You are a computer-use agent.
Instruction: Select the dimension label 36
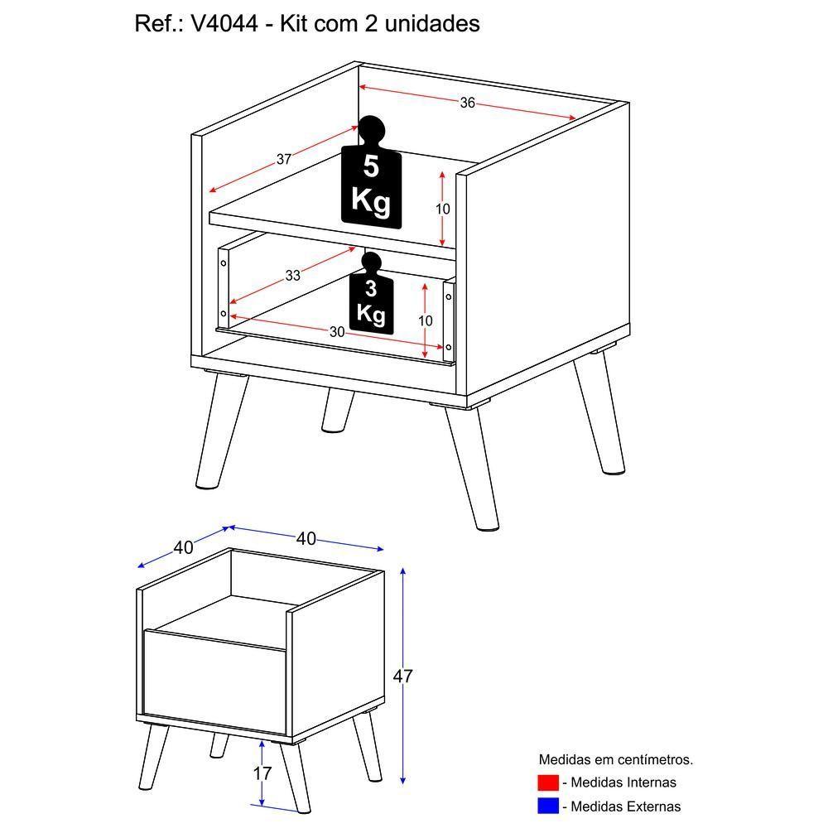click(x=468, y=103)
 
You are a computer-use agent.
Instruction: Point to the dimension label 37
click(x=284, y=160)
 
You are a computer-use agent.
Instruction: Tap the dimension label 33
click(x=293, y=276)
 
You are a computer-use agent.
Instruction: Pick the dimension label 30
click(x=337, y=332)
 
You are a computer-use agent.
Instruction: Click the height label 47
click(x=402, y=676)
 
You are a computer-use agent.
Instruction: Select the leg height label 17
click(x=262, y=774)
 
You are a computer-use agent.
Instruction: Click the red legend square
click(x=548, y=782)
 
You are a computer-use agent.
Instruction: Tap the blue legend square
click(x=548, y=806)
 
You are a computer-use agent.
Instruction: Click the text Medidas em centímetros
click(x=615, y=759)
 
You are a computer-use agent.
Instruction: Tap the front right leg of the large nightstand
click(x=473, y=467)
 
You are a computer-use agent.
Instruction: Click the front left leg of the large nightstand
click(x=219, y=431)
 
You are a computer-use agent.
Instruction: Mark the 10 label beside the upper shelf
click(x=443, y=209)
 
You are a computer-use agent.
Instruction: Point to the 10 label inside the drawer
click(x=425, y=320)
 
